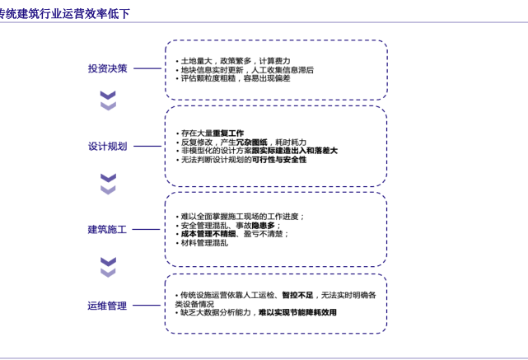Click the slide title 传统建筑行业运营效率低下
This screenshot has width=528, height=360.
[x=64, y=13]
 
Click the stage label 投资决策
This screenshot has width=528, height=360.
[x=107, y=68]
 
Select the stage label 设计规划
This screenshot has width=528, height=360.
[x=107, y=147]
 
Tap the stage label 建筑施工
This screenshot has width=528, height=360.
[x=107, y=230]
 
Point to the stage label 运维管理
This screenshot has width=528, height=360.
[x=107, y=306]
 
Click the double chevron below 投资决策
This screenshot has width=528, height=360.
[x=108, y=101]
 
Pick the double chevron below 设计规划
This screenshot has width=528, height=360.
[x=108, y=184]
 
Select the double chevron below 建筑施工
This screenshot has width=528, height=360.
[x=108, y=267]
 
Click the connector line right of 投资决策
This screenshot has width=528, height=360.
[x=147, y=68]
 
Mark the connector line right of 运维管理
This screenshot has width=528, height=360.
[x=147, y=306]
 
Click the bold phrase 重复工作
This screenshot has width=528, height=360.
[x=228, y=133]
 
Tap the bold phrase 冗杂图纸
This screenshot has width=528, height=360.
[x=252, y=143]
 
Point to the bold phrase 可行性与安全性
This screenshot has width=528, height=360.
[x=279, y=160]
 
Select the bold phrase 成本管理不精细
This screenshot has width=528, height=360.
[x=208, y=234]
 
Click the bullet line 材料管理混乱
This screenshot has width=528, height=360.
[x=203, y=243]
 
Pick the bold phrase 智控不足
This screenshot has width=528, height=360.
[x=297, y=295]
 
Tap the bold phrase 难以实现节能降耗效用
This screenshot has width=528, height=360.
[x=297, y=313]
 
